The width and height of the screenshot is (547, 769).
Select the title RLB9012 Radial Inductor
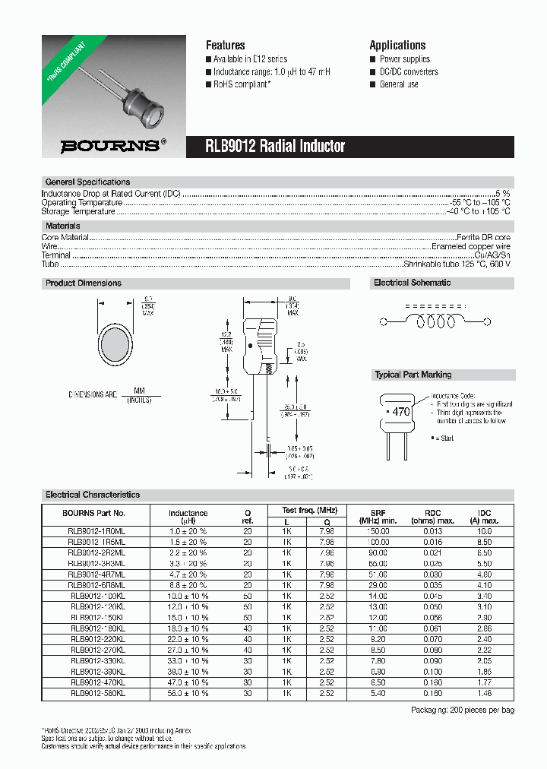[275, 147]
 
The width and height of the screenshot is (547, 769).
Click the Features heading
[226, 45]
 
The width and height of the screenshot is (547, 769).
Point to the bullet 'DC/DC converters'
[409, 71]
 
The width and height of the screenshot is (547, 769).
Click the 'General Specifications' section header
[87, 182]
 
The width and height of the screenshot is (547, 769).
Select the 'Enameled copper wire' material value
[470, 247]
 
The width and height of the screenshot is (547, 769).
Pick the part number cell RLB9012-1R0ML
[96, 532]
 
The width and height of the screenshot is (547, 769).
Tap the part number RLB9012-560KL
[96, 693]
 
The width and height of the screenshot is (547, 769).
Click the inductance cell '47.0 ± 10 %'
[188, 682]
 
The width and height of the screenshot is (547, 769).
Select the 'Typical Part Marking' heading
[413, 375]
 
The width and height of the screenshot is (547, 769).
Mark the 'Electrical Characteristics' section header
[93, 495]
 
